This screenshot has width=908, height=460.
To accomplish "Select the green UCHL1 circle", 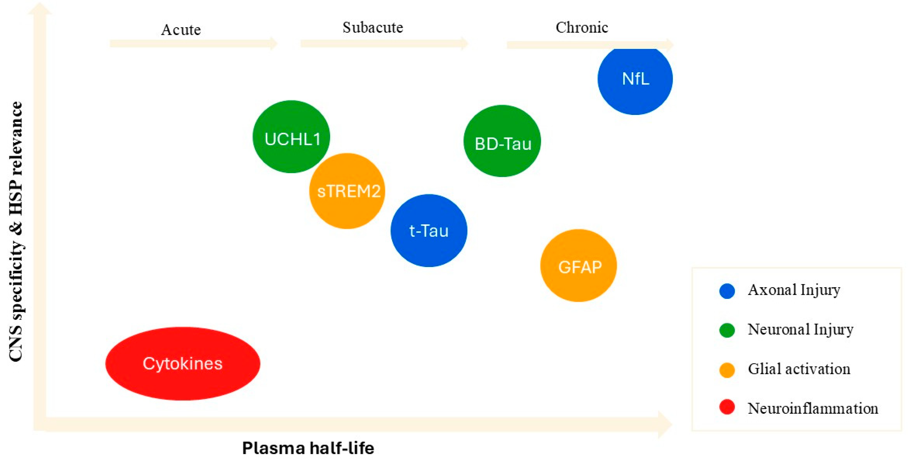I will [291, 137].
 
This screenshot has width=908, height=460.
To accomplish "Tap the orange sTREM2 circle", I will [347, 191].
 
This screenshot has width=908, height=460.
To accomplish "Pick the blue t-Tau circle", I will [429, 230].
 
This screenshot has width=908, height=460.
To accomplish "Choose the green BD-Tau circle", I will [502, 141].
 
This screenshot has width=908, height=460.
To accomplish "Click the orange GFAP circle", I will [578, 266].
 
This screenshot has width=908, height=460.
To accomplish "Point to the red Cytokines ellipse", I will [183, 363].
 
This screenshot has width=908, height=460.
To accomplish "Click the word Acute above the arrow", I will [181, 30].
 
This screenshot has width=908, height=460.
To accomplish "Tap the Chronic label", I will [582, 27].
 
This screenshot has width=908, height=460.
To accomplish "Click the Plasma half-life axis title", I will [308, 448].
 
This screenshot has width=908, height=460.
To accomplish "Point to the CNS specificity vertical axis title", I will [16, 231].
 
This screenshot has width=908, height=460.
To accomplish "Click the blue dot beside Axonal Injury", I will [727, 291].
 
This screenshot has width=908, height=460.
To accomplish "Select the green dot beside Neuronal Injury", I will [727, 330].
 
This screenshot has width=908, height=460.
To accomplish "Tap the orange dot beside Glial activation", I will [727, 370].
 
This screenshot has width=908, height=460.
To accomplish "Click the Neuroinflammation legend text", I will [813, 408].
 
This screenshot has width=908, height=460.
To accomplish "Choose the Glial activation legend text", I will [799, 369].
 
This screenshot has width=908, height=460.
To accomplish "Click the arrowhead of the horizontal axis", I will [665, 424].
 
